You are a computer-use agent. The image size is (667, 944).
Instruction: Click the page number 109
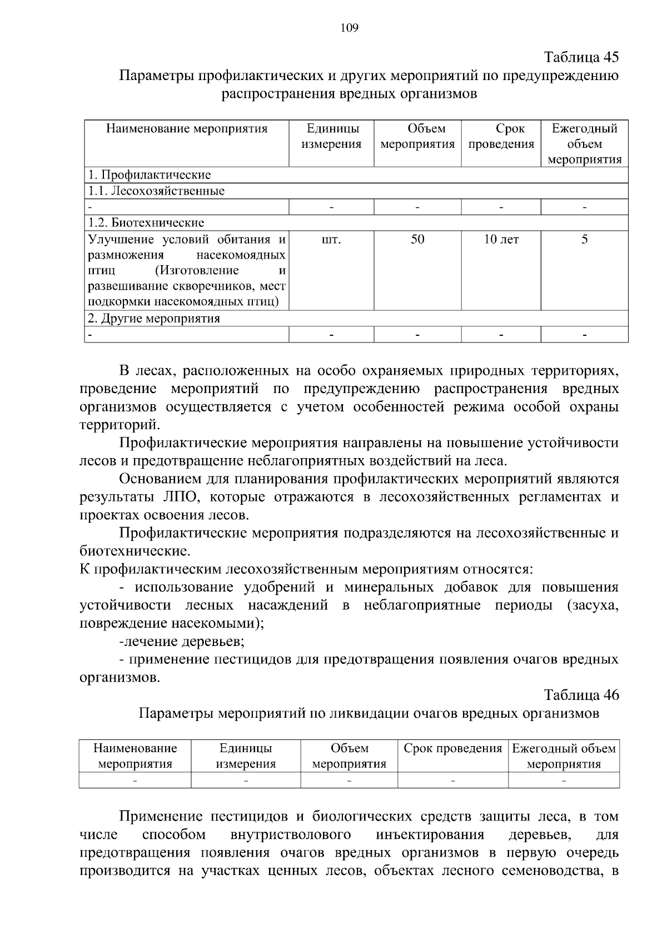[x=349, y=28]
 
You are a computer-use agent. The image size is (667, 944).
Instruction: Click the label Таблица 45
[x=581, y=57]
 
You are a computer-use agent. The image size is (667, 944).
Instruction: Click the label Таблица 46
[x=581, y=695]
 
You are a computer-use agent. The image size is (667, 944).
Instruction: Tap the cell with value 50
[x=417, y=240]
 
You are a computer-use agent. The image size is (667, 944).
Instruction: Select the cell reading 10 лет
[x=501, y=240]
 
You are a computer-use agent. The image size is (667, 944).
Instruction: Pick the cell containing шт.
[x=331, y=240]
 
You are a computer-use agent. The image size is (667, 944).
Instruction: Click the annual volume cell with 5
[x=584, y=240]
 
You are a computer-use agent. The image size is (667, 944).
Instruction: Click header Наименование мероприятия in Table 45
[x=187, y=129]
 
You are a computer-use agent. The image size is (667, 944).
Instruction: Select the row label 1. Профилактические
[x=150, y=175]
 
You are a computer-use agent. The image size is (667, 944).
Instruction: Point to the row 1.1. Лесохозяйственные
[x=157, y=191]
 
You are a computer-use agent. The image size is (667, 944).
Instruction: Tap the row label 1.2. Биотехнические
[x=147, y=223]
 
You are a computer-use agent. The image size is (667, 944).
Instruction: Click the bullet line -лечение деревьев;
[x=182, y=642]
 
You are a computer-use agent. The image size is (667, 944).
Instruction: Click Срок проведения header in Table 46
[x=452, y=749]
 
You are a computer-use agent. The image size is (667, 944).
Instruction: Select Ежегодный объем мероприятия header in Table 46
[x=564, y=756]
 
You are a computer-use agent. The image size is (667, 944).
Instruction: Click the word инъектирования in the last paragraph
[x=430, y=835]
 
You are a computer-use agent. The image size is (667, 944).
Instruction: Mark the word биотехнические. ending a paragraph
[x=135, y=552]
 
